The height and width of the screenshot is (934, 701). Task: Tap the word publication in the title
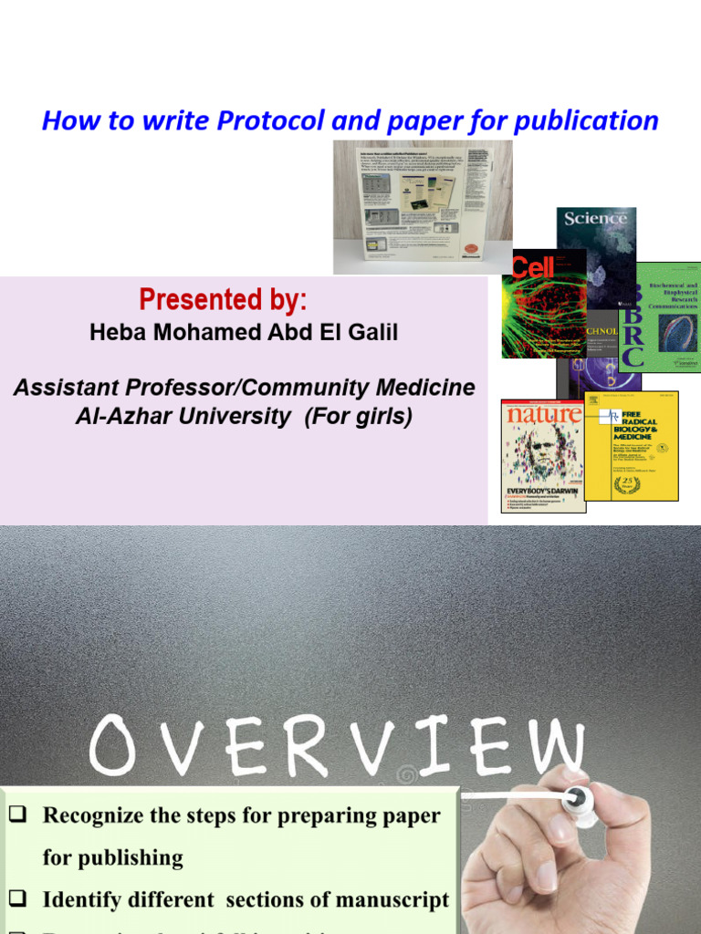point(585,120)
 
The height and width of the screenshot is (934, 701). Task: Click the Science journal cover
point(597,246)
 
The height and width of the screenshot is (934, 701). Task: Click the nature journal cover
point(542,455)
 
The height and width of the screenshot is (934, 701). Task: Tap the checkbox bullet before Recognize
point(16,815)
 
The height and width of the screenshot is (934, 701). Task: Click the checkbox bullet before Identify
point(16,899)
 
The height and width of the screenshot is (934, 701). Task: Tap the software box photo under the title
point(422,206)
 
